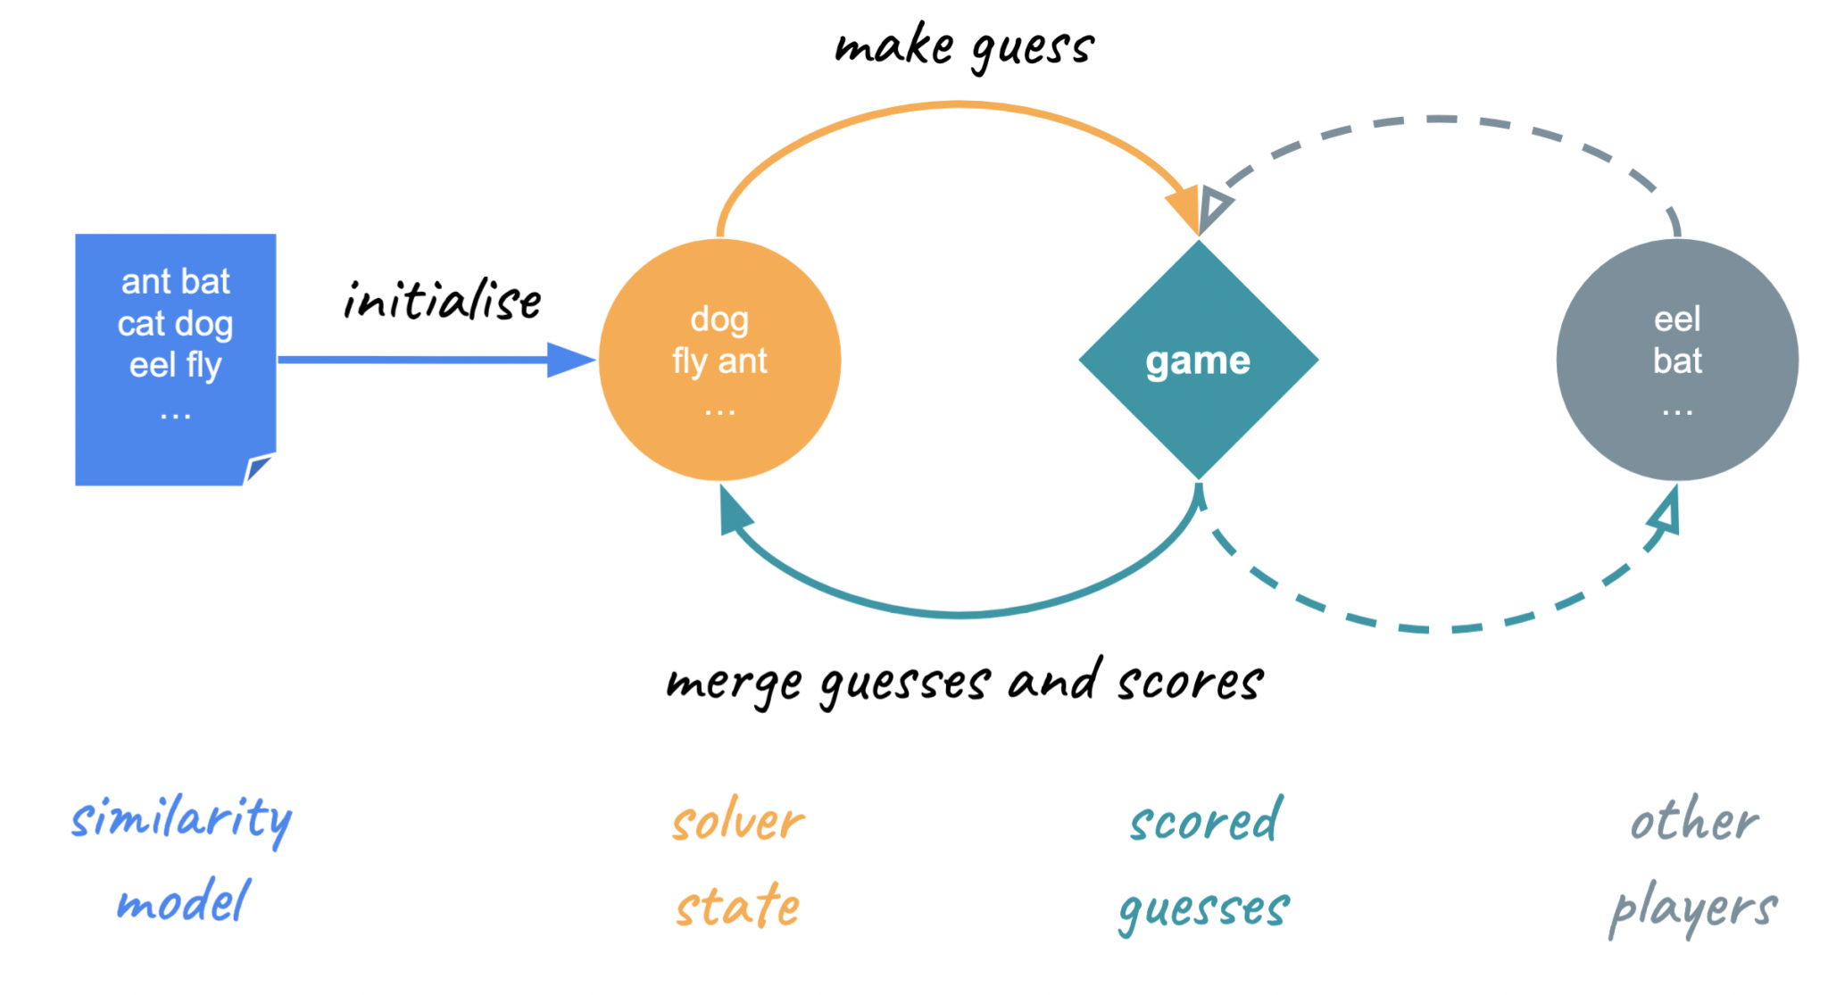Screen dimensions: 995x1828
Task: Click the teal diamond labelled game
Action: pos(1198,360)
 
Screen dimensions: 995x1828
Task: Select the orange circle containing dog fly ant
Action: pos(719,360)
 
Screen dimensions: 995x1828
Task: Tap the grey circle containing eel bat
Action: pos(1677,360)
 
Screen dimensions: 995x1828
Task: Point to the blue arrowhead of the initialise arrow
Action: pos(569,360)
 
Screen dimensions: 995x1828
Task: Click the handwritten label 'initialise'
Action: pos(442,300)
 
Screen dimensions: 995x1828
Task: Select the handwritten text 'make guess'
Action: pos(964,46)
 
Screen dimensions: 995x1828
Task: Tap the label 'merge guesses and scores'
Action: pos(964,683)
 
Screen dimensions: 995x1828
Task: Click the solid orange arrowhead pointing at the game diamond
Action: pos(1185,210)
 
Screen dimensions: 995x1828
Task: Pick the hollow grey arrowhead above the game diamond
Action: pos(1214,206)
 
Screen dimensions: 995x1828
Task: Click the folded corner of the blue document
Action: pos(259,468)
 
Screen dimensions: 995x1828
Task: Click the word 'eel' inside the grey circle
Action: pos(1677,319)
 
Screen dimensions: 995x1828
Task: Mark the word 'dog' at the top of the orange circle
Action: pos(719,319)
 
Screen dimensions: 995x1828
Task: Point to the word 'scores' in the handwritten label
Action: pos(1190,683)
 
